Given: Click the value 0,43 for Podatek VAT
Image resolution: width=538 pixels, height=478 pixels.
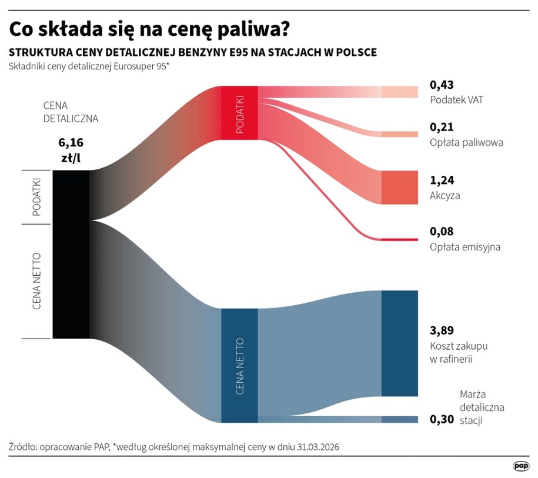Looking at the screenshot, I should click(442, 85).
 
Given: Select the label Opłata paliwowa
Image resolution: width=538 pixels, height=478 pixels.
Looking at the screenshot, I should click(466, 142).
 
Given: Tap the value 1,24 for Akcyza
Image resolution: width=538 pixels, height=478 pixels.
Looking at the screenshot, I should click(442, 180).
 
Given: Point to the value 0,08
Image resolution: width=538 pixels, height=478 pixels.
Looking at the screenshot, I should click(442, 232).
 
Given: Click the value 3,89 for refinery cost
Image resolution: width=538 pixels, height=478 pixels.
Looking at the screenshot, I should click(442, 330).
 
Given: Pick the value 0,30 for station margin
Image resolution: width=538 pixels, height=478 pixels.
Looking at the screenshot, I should click(442, 419).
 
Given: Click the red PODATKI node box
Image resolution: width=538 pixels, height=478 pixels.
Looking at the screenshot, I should click(239, 112).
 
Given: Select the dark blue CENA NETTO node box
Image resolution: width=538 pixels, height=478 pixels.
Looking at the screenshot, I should click(239, 365).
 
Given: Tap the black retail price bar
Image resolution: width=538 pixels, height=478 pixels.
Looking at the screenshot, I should click(71, 254).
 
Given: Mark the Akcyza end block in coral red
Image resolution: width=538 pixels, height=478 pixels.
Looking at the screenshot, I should click(400, 188).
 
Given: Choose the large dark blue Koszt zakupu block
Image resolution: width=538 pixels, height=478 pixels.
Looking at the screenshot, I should click(400, 343).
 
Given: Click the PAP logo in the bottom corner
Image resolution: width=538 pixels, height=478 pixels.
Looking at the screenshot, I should click(520, 466).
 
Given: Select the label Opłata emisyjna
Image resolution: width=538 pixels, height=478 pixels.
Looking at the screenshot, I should click(465, 247).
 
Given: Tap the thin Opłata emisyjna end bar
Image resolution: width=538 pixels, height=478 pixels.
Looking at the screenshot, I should click(400, 239).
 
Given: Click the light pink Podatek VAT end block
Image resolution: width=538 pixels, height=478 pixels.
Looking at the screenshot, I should click(400, 92).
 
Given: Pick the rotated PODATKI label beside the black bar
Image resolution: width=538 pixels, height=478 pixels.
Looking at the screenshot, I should click(36, 197).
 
